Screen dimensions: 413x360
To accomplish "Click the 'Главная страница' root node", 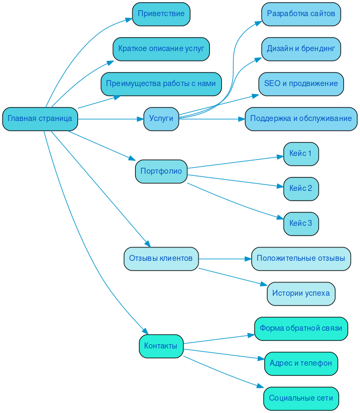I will click(40, 119).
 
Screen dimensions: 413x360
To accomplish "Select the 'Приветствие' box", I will click(161, 14).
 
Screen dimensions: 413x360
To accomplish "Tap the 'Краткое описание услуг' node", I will click(161, 49).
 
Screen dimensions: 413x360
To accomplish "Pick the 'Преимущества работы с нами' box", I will click(161, 84).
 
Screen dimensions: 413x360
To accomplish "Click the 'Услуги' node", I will click(161, 119).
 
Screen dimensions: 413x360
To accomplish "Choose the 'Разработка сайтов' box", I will click(301, 14).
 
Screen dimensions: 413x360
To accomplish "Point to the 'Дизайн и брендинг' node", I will click(301, 49).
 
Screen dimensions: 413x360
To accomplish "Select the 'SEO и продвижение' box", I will click(301, 84).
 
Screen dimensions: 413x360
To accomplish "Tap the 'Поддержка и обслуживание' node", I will click(301, 119).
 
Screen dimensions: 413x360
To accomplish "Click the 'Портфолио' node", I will click(161, 172).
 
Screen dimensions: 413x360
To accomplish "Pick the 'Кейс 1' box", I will click(301, 154).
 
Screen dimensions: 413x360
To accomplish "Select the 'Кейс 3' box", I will click(301, 224).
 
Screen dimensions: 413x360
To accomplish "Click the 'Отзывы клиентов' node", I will click(161, 259).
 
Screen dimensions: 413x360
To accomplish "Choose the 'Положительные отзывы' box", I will click(301, 259).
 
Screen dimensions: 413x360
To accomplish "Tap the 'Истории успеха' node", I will click(301, 294).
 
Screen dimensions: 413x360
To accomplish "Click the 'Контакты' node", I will click(161, 346).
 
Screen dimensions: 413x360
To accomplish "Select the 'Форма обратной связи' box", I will click(301, 329).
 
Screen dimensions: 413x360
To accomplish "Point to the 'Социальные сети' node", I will click(301, 398).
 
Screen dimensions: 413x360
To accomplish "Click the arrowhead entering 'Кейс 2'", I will click(280, 187).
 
